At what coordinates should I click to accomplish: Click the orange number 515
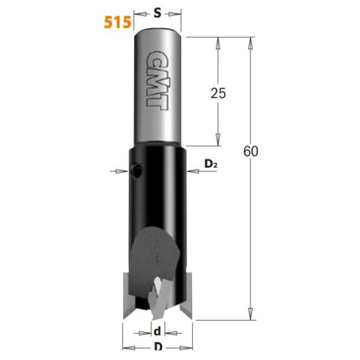(117, 22)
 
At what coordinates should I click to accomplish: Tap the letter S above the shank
(157, 13)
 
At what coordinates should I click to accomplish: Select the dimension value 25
(219, 93)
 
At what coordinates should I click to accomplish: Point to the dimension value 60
(251, 151)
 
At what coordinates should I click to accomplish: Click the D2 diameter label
(211, 164)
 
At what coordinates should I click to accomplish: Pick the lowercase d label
(157, 331)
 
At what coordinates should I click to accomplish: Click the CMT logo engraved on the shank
(157, 81)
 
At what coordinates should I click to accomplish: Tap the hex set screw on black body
(136, 171)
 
